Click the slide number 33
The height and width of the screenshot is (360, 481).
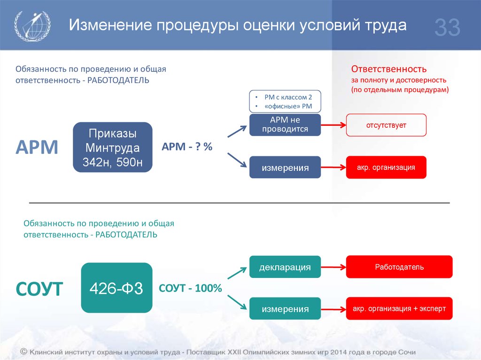pos(447,27)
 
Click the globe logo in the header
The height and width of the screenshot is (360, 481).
pos(32,26)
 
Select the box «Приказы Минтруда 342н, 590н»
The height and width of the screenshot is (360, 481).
pos(113,147)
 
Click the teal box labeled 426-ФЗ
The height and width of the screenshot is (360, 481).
pos(116,288)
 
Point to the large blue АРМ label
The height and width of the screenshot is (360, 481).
pos(37,147)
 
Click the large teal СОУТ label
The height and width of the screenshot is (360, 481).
pos(39,289)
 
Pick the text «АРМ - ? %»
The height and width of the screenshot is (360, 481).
pos(187,146)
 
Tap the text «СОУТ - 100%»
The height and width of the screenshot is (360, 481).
pos(190,288)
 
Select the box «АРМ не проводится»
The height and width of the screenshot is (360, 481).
pos(285,125)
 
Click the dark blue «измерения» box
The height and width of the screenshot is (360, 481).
pos(285,168)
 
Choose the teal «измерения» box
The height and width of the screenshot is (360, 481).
pos(285,308)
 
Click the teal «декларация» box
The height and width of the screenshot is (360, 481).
pos(285,267)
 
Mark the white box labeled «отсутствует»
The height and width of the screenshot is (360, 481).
pos(386,125)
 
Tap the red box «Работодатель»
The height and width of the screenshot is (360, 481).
pos(399,267)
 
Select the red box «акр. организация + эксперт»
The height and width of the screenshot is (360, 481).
pos(399,308)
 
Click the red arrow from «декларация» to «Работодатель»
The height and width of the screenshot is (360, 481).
pos(334,267)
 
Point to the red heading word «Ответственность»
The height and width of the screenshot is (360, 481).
pos(388,69)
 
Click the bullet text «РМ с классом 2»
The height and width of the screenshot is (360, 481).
pos(288,97)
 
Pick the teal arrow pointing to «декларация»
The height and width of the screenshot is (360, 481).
pos(237,273)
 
